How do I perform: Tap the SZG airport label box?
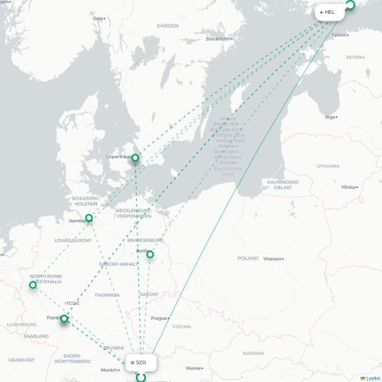pos(141,363)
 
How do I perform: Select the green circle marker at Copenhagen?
pos(135,159)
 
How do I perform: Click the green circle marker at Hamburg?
pos(89,219)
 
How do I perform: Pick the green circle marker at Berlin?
pos(151,254)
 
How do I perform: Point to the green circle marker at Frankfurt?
pos(64,319)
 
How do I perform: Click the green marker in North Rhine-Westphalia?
pos(32,285)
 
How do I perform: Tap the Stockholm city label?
pos(217,38)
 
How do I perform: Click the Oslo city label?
pos(98,18)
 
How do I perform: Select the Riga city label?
pos(330,117)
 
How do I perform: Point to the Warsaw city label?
pos(273,258)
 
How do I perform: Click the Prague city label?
pos(158,318)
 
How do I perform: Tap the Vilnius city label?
pos(348,186)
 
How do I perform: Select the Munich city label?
pos(109,370)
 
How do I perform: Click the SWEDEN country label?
pos(167,25)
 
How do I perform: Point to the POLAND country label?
pos(248,258)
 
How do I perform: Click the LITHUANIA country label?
pos(328,165)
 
